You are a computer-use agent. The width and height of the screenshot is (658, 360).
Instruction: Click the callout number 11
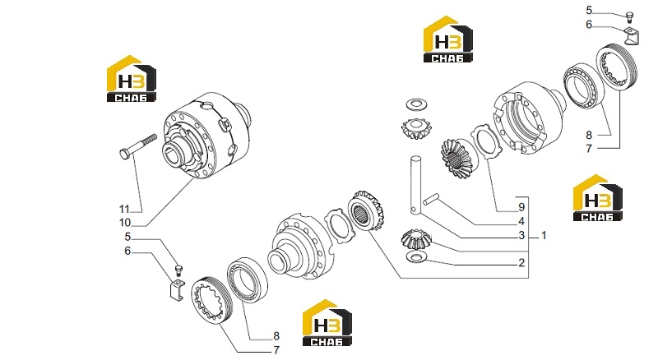click(x=124, y=209)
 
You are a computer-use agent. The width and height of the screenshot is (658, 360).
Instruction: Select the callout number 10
click(x=125, y=223)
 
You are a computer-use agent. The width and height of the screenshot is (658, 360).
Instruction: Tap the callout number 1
click(x=544, y=235)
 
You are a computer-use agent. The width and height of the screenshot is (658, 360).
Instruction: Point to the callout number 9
click(x=521, y=207)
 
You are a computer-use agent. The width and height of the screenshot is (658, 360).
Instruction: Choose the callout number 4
click(x=521, y=221)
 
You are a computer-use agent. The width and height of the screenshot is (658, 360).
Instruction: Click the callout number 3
click(x=521, y=235)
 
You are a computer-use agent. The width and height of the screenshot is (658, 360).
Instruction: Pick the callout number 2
click(x=521, y=263)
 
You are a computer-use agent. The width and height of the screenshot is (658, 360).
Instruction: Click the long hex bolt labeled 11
click(x=138, y=146)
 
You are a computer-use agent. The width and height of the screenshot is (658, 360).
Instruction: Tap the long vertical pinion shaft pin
click(x=415, y=186)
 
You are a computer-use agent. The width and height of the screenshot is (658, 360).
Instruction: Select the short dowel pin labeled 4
click(x=431, y=198)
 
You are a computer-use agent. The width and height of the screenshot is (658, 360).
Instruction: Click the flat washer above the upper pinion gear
click(x=415, y=104)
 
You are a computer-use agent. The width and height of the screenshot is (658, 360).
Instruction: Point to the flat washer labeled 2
click(x=416, y=256)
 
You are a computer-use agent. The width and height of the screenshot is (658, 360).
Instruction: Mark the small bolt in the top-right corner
click(x=629, y=16)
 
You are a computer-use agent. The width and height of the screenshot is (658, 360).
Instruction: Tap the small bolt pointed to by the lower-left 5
click(x=178, y=270)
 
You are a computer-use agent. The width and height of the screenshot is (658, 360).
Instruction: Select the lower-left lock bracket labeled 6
click(x=178, y=288)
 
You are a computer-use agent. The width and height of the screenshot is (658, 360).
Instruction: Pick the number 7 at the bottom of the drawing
click(x=276, y=350)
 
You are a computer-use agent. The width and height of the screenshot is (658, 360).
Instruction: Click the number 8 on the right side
click(x=589, y=135)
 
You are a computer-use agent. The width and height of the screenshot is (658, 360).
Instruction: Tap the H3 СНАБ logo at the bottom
click(x=327, y=323)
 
